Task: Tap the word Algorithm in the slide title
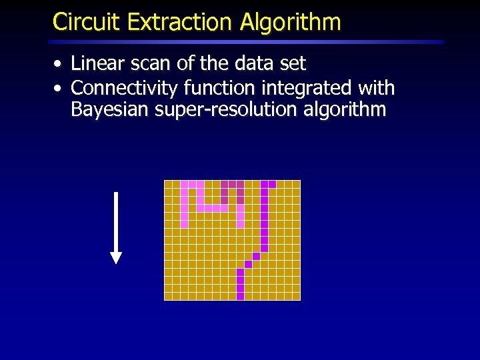click(291, 22)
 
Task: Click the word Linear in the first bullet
click(93, 64)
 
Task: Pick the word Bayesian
click(109, 109)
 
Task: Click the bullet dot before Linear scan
click(59, 65)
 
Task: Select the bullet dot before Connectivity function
click(59, 89)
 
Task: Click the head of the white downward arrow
click(116, 257)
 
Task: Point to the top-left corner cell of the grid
click(168, 184)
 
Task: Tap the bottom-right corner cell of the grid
click(296, 296)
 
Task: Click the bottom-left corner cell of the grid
click(168, 296)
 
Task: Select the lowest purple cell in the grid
click(240, 296)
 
